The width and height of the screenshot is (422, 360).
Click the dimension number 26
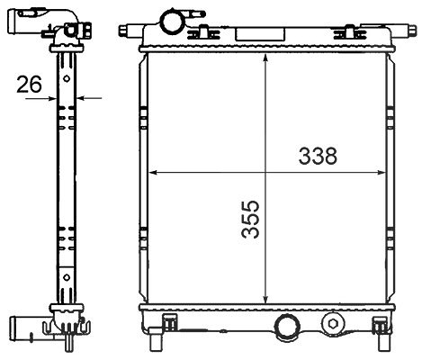click(29, 84)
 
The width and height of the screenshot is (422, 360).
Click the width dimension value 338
click(318, 156)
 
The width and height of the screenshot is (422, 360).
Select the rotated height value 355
click(250, 220)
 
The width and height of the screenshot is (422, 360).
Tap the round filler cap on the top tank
click(173, 21)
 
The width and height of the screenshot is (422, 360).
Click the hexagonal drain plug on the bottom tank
click(333, 324)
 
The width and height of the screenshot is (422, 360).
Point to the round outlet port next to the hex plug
click(287, 327)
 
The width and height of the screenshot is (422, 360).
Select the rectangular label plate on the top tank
click(260, 34)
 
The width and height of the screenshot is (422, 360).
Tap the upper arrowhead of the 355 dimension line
click(265, 58)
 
